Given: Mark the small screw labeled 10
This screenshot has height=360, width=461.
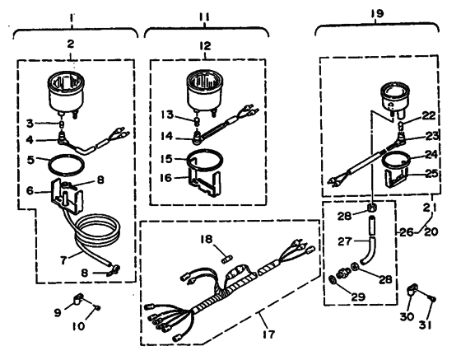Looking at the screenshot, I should point(95,306).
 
